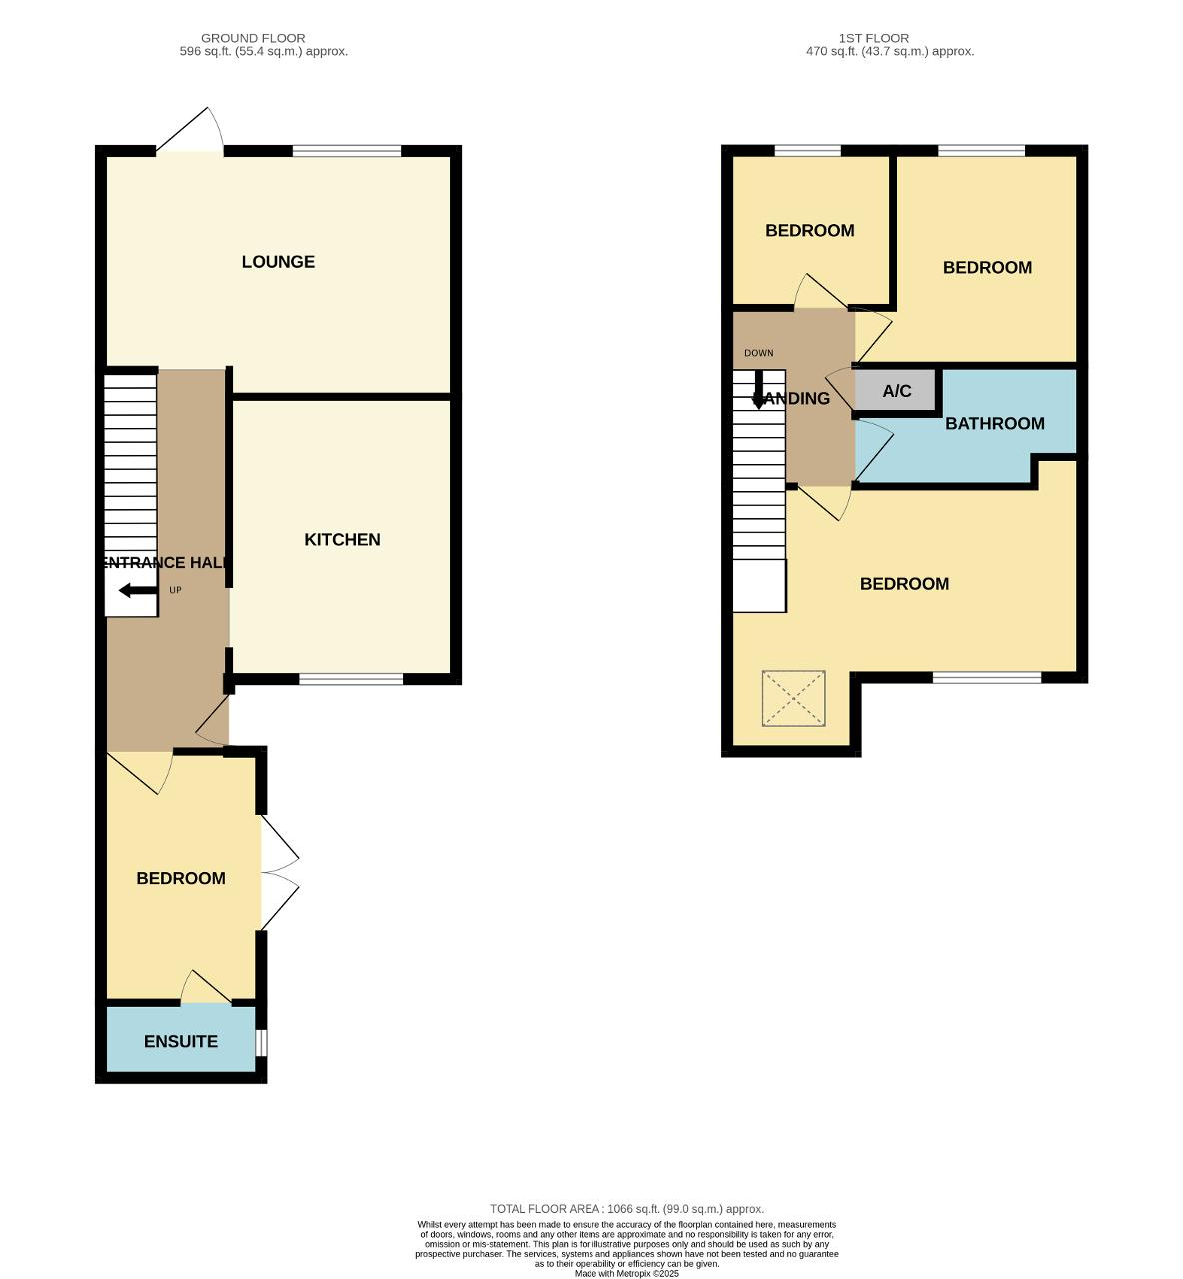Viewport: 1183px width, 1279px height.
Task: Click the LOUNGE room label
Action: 278,262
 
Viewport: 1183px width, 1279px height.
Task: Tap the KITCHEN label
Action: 342,539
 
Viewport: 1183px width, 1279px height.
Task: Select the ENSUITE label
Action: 180,1041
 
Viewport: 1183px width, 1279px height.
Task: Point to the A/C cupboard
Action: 896,390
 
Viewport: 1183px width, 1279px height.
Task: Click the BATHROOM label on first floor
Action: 995,423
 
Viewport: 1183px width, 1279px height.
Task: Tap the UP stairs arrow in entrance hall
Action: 138,590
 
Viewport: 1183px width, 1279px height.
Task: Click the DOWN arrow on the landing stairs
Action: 759,389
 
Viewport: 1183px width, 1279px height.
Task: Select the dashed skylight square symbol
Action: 793,698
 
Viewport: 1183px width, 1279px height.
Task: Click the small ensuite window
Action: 261,1042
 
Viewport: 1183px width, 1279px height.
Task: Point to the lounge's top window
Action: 347,151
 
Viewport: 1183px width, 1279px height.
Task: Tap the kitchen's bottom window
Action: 351,678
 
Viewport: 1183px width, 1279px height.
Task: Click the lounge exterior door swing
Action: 190,130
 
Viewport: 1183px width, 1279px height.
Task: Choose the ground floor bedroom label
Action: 181,878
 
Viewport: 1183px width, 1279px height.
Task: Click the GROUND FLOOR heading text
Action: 253,38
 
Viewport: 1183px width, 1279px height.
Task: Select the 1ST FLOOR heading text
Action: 874,38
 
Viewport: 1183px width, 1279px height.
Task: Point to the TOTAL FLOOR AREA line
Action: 626,1209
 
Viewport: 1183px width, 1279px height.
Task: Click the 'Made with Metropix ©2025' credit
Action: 626,1274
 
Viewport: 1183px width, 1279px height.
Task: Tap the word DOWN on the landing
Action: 758,353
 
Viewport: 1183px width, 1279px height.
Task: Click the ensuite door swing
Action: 205,987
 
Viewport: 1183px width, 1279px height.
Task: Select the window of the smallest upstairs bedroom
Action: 807,151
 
